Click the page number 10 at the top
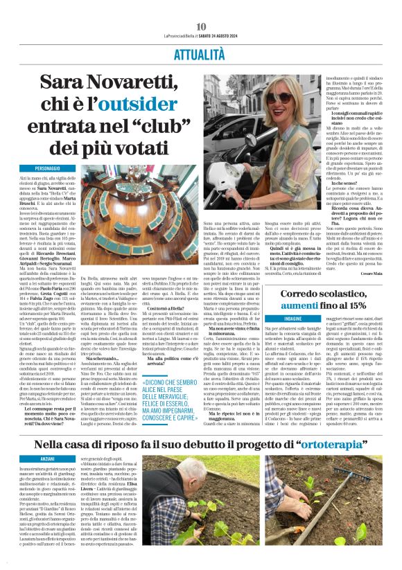[201, 26]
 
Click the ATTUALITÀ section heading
[201, 53]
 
